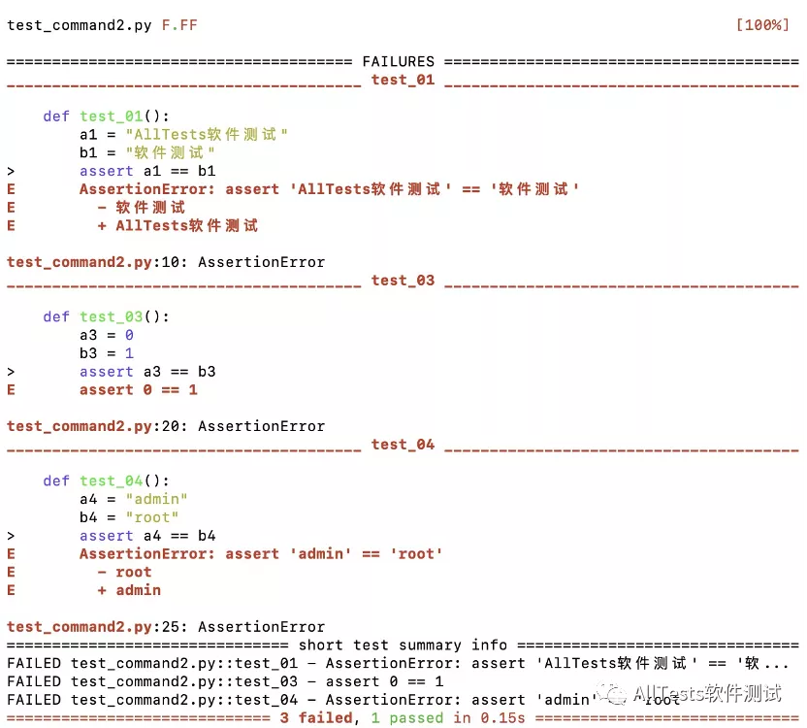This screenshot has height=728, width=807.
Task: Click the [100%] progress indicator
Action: point(762,25)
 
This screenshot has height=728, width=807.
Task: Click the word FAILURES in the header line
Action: point(398,62)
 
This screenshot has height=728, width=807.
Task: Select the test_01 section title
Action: point(403,80)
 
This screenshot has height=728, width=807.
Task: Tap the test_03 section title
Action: point(403,281)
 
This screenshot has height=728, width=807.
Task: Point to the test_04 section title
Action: point(403,445)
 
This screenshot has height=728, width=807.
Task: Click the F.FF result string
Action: point(179,25)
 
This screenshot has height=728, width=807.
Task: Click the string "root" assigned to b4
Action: point(152,517)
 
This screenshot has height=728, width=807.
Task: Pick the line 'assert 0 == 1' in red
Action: point(138,390)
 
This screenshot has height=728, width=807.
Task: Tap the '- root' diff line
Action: point(124,572)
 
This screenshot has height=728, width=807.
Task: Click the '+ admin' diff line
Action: point(129,590)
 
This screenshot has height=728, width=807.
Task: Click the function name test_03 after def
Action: point(111,316)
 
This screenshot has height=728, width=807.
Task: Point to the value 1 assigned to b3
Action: point(129,353)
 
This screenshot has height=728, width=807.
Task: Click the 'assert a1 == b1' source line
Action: point(147,171)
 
